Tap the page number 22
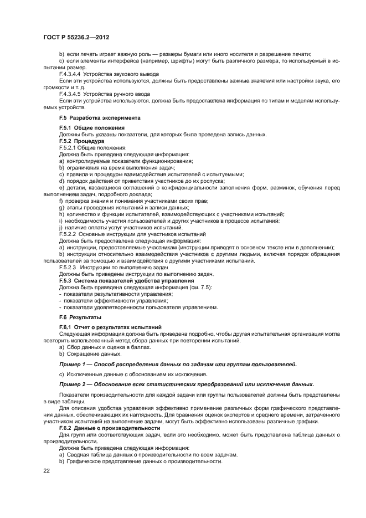tap(46, 471)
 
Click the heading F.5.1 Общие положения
tap(87, 128)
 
